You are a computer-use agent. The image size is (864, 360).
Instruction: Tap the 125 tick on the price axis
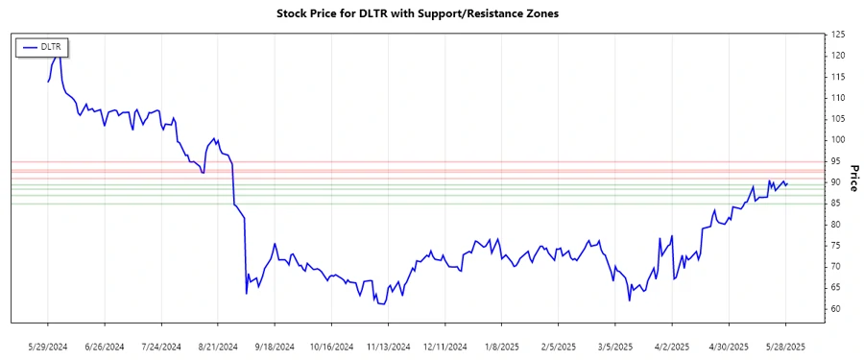(838, 35)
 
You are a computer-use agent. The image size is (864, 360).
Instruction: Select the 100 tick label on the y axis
(838, 140)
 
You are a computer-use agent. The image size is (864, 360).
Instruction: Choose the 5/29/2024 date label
(48, 346)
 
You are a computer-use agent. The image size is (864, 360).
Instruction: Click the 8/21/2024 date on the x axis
(218, 346)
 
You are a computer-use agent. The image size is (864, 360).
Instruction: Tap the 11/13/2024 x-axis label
(388, 346)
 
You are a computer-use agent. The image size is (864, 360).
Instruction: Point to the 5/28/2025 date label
(786, 346)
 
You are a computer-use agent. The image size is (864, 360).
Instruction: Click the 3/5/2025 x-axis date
(615, 346)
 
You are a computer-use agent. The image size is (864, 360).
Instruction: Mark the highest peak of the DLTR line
(58, 55)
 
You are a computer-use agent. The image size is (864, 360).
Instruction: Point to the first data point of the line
(48, 82)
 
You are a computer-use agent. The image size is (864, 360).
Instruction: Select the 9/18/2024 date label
(275, 346)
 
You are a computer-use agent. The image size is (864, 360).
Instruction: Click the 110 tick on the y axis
(838, 98)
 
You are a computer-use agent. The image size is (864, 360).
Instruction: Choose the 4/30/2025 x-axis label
(729, 346)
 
